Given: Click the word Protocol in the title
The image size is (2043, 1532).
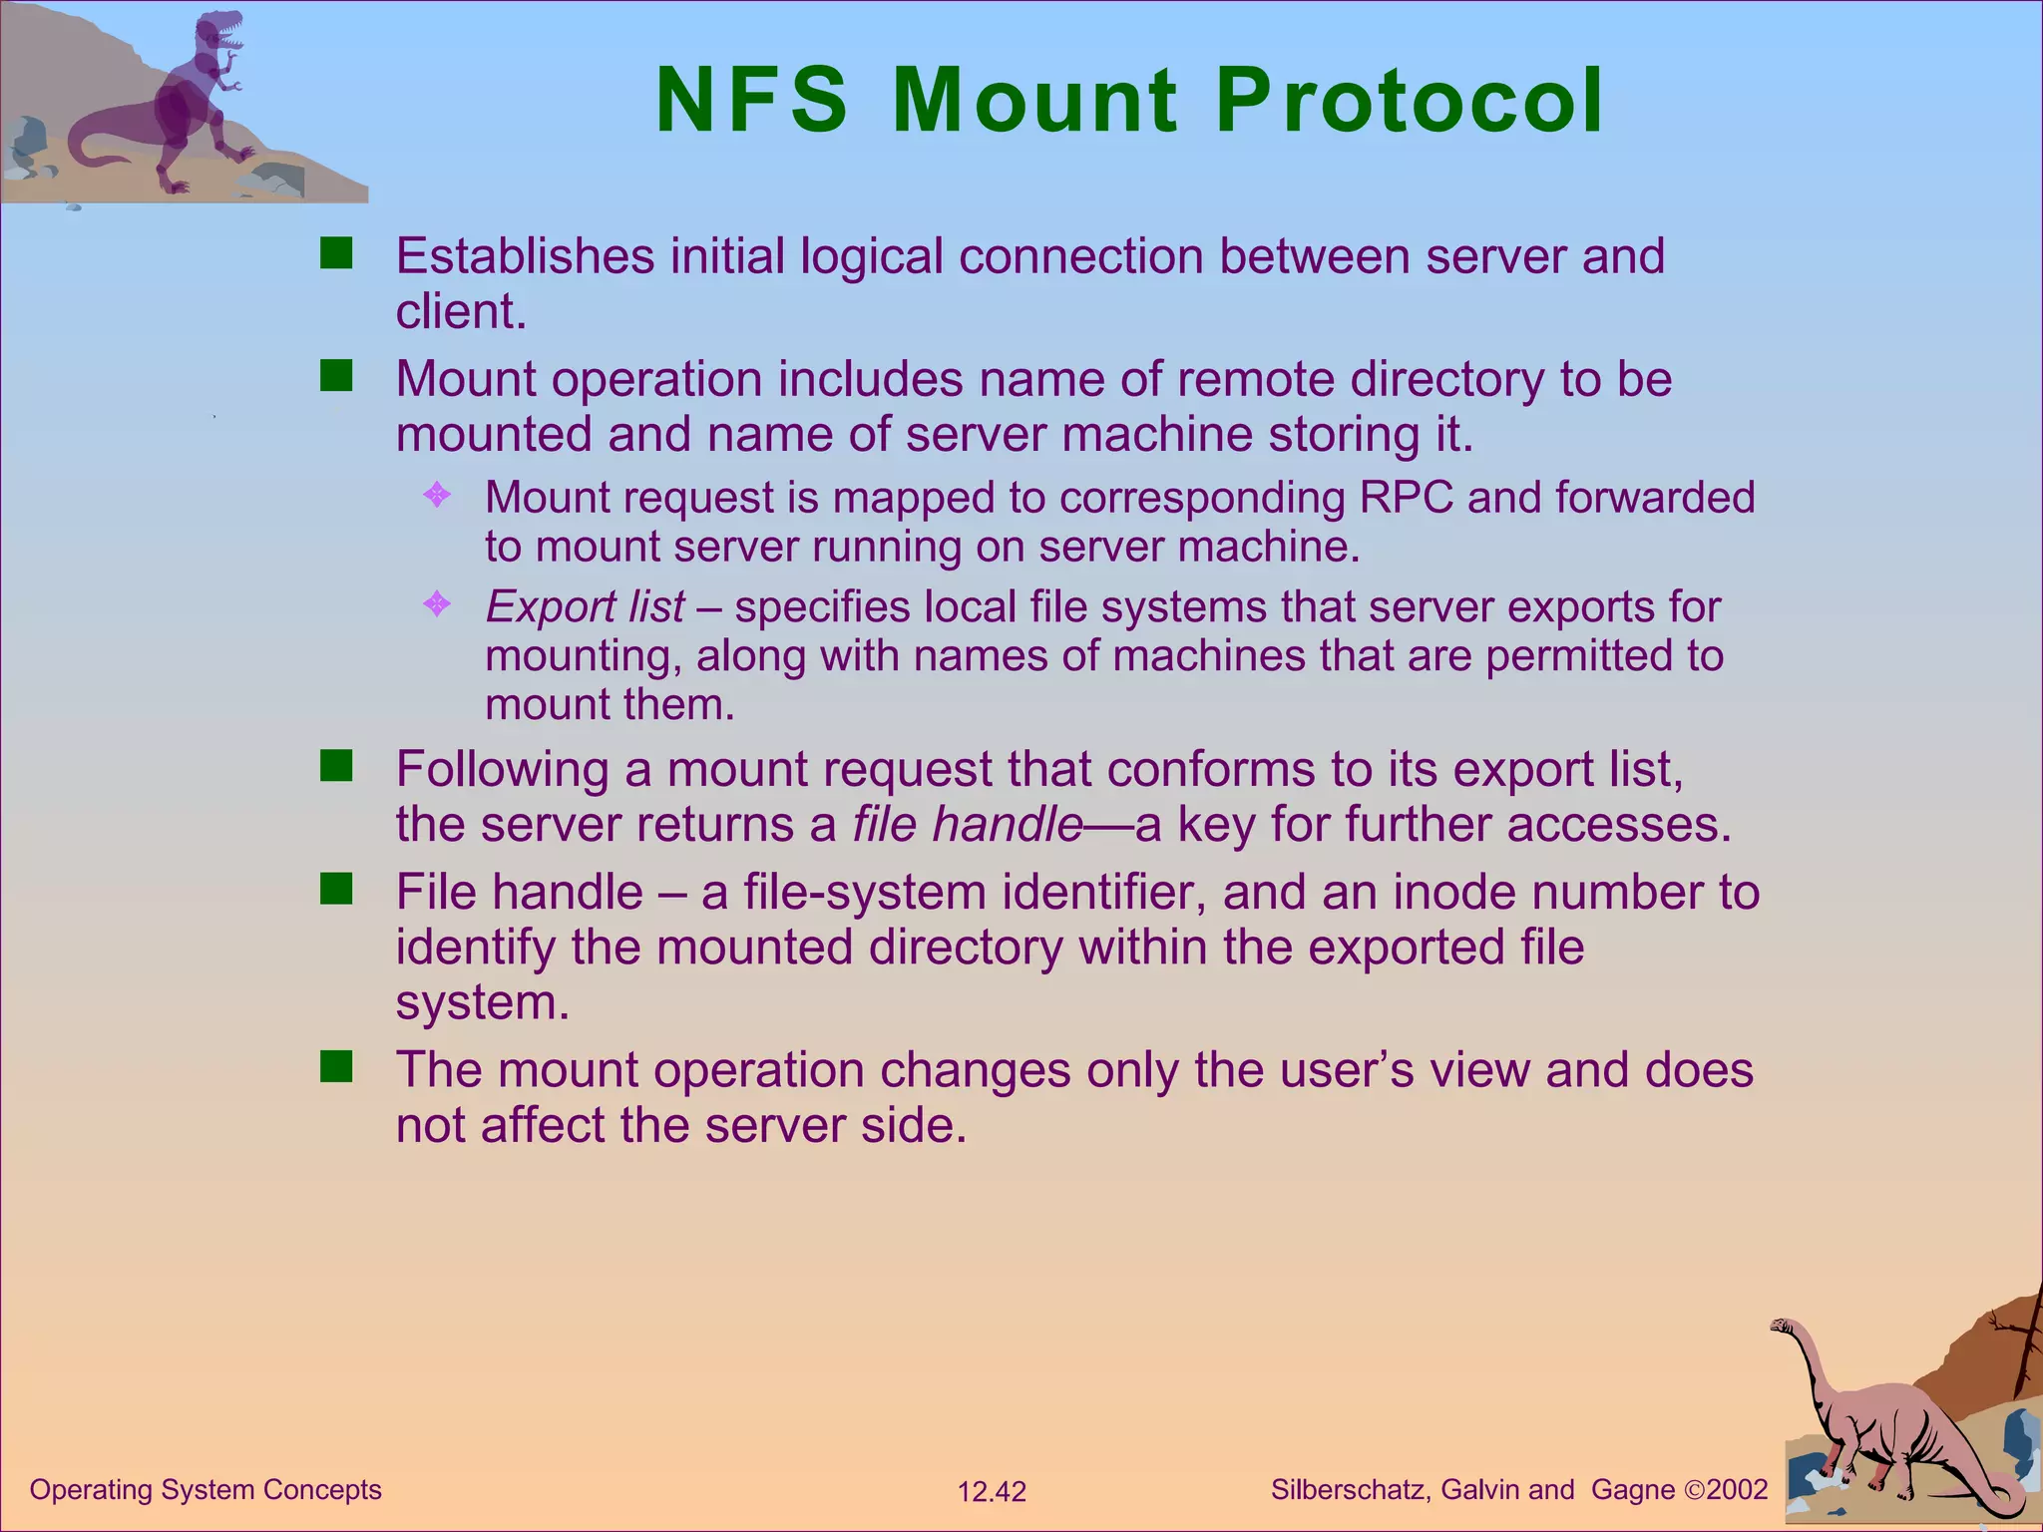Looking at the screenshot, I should click(x=1409, y=101).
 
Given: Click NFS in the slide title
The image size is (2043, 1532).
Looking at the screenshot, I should click(x=751, y=101).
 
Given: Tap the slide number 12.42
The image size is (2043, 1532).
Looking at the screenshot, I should click(x=992, y=1492).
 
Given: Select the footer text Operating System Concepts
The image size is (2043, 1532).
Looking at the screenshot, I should click(x=205, y=1490).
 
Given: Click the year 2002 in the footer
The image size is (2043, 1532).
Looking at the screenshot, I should click(x=1737, y=1490).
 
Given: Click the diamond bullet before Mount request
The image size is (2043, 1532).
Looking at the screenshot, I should click(x=437, y=495).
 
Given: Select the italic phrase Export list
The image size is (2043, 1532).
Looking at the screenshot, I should click(x=585, y=607).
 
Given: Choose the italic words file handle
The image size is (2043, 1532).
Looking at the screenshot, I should click(x=967, y=825).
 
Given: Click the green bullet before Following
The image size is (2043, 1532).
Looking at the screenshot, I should click(x=336, y=767).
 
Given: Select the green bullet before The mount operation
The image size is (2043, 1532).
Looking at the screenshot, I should click(x=336, y=1067).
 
